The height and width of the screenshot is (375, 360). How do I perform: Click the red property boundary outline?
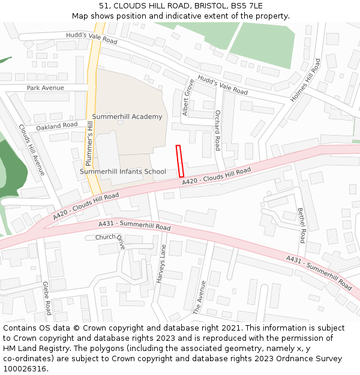[x=180, y=161]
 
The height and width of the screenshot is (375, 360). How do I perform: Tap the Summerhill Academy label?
[x=127, y=116]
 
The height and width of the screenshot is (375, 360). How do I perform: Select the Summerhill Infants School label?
[x=123, y=172]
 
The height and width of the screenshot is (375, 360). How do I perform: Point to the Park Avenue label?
[x=45, y=88]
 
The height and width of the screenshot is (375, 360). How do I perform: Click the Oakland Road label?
[x=57, y=127]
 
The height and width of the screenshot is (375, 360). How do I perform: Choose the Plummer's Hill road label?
[x=89, y=143]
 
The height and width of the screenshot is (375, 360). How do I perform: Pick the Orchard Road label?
[x=217, y=130]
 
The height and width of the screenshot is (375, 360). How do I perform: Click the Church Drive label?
[x=110, y=239]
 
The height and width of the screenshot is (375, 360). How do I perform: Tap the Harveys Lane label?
[x=161, y=264]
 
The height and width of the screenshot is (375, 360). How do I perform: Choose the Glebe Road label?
[x=47, y=299]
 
